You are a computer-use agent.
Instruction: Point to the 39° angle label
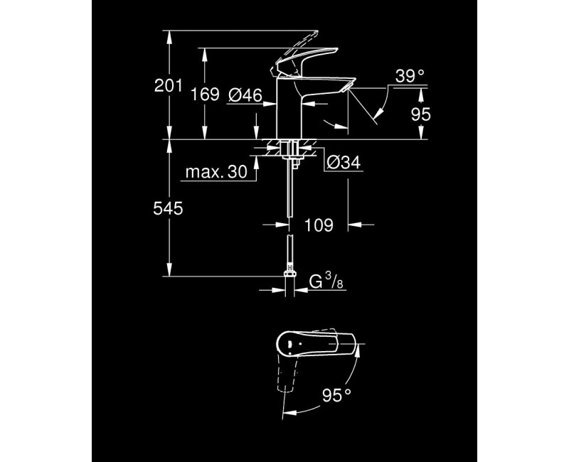click(409, 76)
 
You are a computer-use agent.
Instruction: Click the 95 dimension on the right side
click(422, 114)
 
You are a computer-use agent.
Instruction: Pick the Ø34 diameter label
click(345, 163)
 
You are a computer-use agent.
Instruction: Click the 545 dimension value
click(169, 208)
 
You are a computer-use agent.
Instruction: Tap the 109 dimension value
click(319, 225)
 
